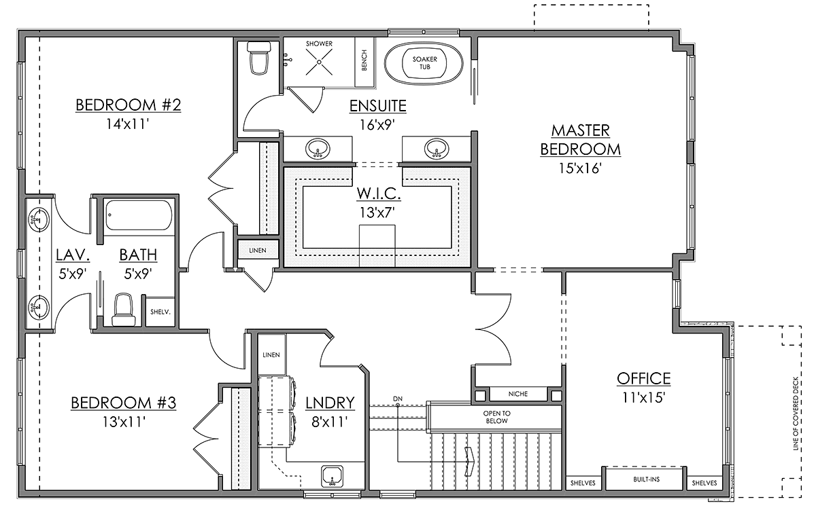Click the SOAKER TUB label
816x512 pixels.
(424, 63)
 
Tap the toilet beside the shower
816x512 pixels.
(259, 58)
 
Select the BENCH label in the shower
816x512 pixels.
(364, 60)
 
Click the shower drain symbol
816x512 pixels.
(319, 62)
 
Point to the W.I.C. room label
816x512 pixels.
(379, 194)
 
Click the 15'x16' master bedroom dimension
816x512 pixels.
(580, 168)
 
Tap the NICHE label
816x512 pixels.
(517, 394)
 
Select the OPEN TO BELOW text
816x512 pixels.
(496, 417)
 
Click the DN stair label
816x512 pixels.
(398, 399)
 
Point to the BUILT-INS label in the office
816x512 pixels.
(646, 479)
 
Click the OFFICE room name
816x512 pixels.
(644, 379)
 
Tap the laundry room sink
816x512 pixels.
(333, 475)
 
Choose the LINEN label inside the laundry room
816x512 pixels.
(271, 354)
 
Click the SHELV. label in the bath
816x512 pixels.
(160, 312)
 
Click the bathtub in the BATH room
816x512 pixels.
(139, 215)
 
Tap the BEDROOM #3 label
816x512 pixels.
(124, 403)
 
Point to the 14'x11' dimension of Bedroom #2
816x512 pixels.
(128, 124)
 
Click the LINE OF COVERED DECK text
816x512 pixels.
(796, 414)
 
